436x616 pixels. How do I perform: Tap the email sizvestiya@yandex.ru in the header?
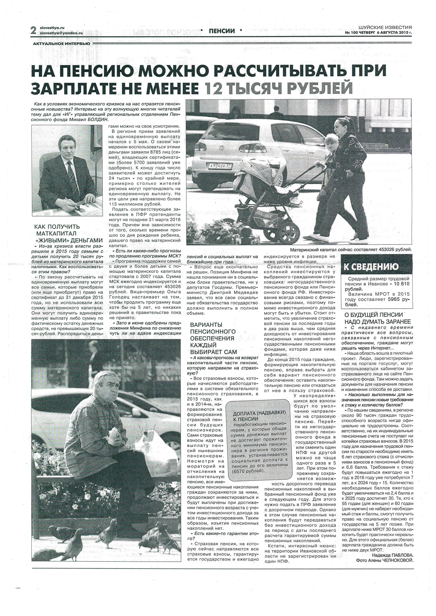click(x=61, y=33)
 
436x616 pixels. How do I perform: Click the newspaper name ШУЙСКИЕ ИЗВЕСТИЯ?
click(x=385, y=27)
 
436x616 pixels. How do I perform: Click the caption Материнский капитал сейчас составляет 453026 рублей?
click(x=351, y=249)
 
